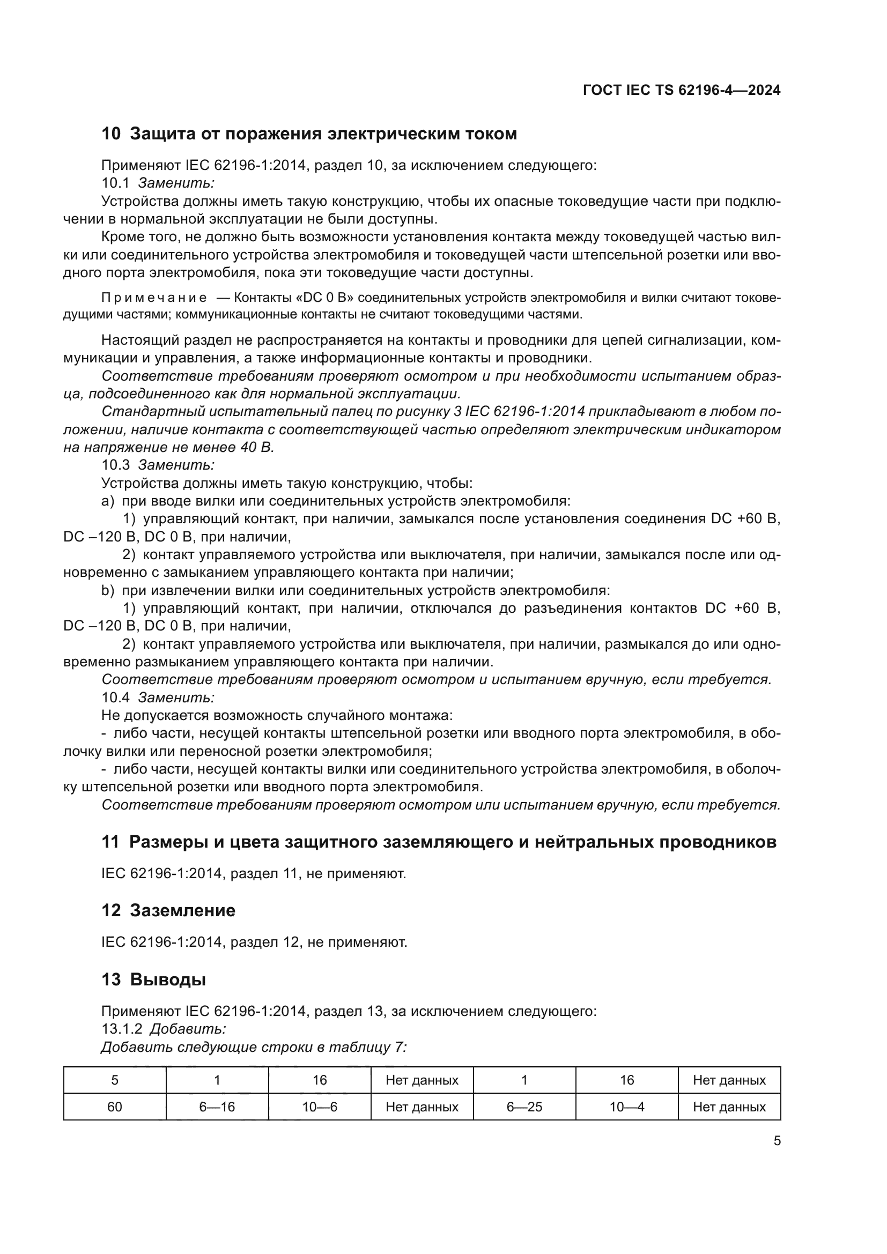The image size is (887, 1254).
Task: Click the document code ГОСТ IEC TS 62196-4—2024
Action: pyautogui.click(x=681, y=90)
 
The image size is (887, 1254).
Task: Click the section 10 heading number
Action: pyautogui.click(x=111, y=134)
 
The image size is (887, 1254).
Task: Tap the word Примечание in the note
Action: pyautogui.click(x=154, y=298)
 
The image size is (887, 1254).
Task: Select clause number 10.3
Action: pyautogui.click(x=116, y=465)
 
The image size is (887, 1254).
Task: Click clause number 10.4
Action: pyautogui.click(x=116, y=698)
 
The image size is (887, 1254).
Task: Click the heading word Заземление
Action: pyautogui.click(x=182, y=910)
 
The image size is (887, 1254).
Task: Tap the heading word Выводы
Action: pyautogui.click(x=168, y=980)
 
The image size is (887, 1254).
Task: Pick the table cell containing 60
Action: pyautogui.click(x=115, y=1107)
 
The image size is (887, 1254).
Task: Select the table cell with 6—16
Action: pyautogui.click(x=217, y=1107)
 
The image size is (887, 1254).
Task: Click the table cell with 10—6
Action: pyautogui.click(x=320, y=1107)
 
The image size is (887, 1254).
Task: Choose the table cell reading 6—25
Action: pyautogui.click(x=524, y=1107)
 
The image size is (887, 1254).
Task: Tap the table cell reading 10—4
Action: pyautogui.click(x=627, y=1107)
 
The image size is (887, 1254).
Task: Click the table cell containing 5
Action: pyautogui.click(x=115, y=1080)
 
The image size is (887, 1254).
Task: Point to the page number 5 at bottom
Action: pyautogui.click(x=777, y=1141)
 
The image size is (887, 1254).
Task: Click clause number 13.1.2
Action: pyautogui.click(x=122, y=1029)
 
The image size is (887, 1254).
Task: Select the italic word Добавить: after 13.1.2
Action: pyautogui.click(x=188, y=1029)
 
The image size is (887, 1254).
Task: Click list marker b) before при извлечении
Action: pyautogui.click(x=108, y=590)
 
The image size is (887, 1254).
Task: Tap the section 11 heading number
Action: pyautogui.click(x=110, y=842)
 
